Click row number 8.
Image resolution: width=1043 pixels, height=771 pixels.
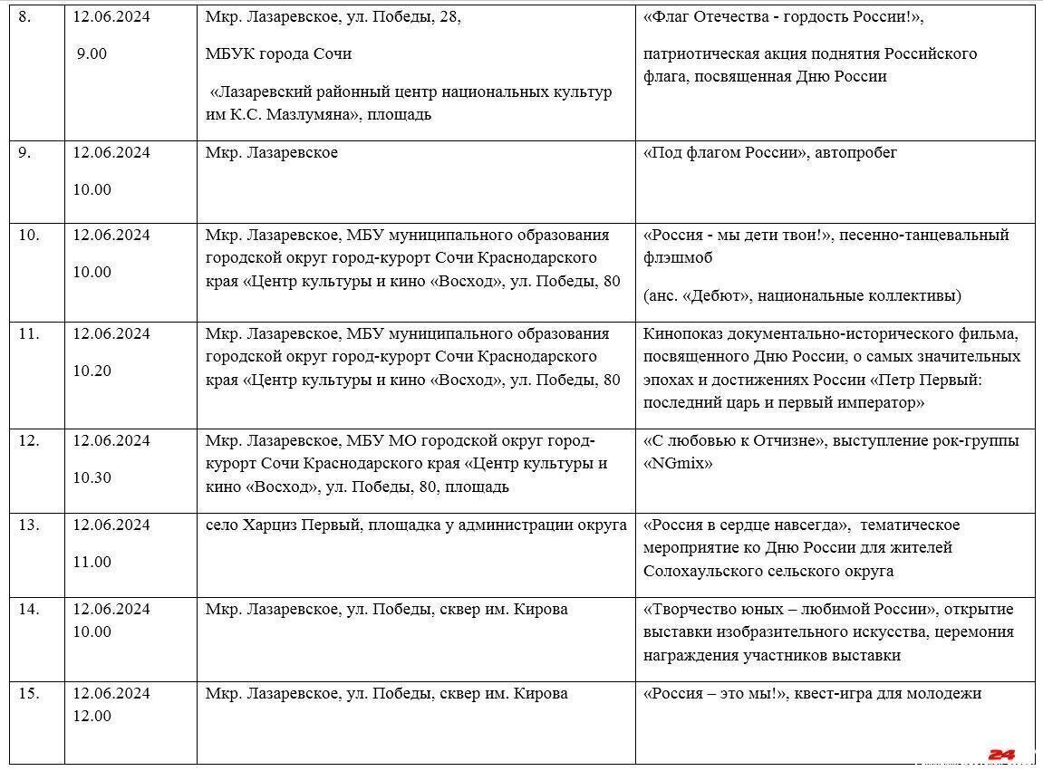[24, 16]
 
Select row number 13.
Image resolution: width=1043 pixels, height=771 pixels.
[29, 525]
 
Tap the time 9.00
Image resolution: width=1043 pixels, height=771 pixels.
[91, 53]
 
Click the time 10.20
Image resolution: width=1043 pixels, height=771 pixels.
[92, 371]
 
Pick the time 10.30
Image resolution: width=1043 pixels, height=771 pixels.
[92, 477]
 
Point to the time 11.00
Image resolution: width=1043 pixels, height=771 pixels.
[92, 562]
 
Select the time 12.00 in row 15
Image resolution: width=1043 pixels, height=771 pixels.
[92, 716]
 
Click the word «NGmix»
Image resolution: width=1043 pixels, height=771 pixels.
[678, 463]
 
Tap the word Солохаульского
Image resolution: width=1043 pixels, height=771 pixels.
[701, 571]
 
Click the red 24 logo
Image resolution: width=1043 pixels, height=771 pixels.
[1001, 754]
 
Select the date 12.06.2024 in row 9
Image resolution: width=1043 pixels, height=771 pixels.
[111, 152]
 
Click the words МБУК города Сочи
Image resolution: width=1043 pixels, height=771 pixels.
[278, 53]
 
